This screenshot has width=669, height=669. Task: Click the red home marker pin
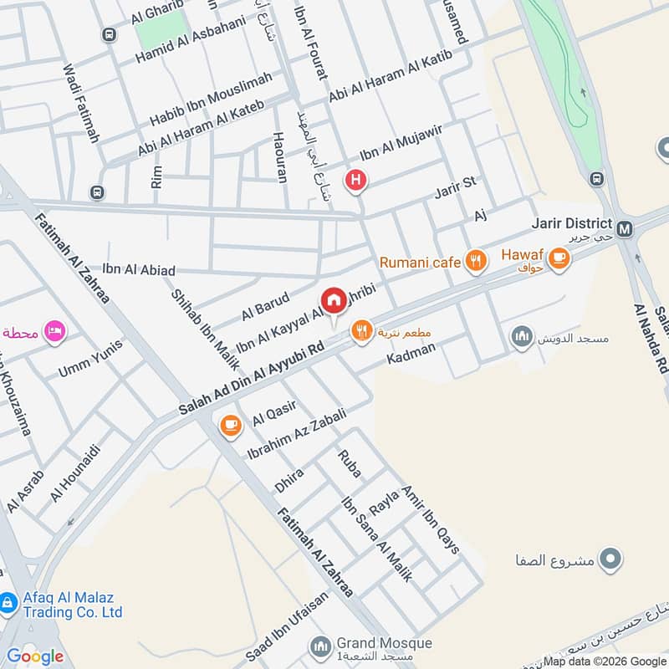click(334, 299)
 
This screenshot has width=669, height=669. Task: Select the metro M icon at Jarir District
click(624, 227)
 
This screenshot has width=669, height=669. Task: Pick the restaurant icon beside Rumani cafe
click(476, 262)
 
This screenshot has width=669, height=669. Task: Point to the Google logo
click(35, 656)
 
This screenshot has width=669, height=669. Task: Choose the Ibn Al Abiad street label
click(139, 270)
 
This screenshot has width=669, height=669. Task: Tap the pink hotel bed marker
click(57, 331)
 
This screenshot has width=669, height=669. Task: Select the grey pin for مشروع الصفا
click(611, 559)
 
